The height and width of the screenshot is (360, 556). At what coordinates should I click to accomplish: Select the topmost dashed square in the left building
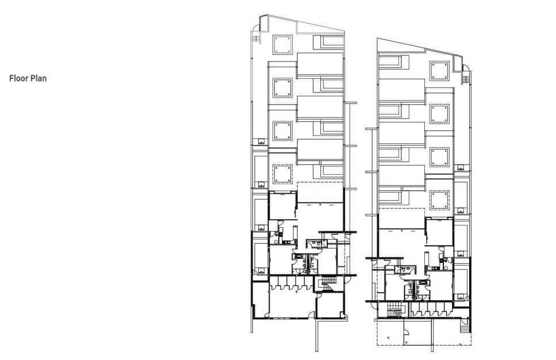click(283, 45)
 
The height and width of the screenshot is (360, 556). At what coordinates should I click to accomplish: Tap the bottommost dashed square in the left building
click(283, 174)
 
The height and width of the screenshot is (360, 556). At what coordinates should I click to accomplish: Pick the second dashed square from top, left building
click(283, 88)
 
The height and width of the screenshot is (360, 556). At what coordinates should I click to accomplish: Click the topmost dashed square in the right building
click(439, 71)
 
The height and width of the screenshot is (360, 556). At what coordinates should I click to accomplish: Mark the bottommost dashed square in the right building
click(439, 200)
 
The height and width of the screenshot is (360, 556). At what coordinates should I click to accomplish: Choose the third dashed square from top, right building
click(439, 157)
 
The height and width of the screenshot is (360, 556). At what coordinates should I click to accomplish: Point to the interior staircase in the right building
click(393, 309)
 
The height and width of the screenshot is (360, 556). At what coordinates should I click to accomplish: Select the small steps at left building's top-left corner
click(256, 37)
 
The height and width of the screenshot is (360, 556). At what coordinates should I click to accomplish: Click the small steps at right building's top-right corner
click(466, 77)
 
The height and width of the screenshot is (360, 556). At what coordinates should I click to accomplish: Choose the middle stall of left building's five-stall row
click(292, 283)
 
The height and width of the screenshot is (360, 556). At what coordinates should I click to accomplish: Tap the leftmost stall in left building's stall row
click(274, 283)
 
